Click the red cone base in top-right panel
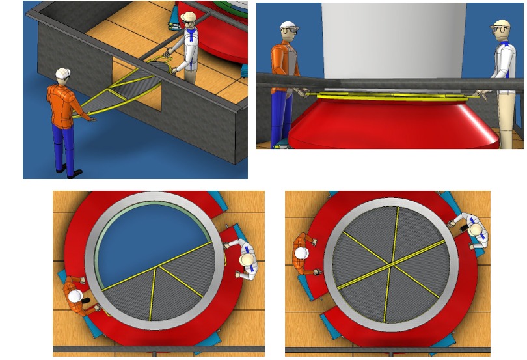[390, 124]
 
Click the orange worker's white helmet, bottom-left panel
[75, 296]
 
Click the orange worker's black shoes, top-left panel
[72, 173]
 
